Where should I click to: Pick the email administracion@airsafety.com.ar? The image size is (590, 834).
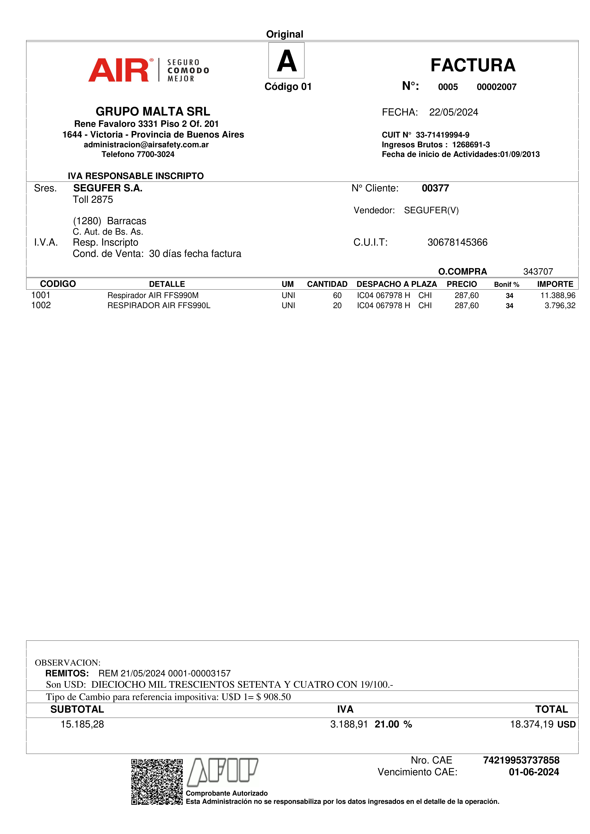pyautogui.click(x=146, y=145)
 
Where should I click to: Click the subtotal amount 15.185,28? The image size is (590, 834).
pyautogui.click(x=82, y=724)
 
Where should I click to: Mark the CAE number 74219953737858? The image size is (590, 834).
pyautogui.click(x=521, y=760)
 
